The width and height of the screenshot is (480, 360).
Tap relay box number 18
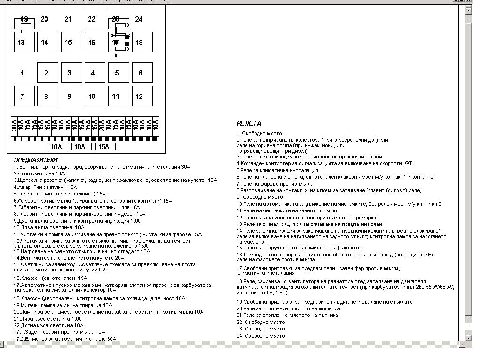(x=142, y=42)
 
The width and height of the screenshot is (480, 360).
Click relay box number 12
(x=142, y=96)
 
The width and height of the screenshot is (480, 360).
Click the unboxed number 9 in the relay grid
(x=69, y=97)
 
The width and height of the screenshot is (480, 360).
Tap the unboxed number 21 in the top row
(x=68, y=19)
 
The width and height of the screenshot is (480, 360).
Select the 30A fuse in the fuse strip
(x=14, y=126)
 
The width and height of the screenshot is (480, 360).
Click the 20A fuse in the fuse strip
(x=102, y=126)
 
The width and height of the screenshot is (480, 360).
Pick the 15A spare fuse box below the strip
(x=105, y=147)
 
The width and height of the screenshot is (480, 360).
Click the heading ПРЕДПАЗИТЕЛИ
(x=36, y=160)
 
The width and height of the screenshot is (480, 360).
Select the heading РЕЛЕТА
(x=249, y=123)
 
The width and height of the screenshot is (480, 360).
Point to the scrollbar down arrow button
(x=468, y=338)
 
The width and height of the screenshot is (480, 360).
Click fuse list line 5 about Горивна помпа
(x=60, y=194)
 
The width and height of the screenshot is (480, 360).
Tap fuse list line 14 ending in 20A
(x=69, y=258)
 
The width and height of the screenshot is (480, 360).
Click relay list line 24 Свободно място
(x=260, y=336)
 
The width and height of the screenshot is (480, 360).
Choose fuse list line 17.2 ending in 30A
(x=65, y=339)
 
